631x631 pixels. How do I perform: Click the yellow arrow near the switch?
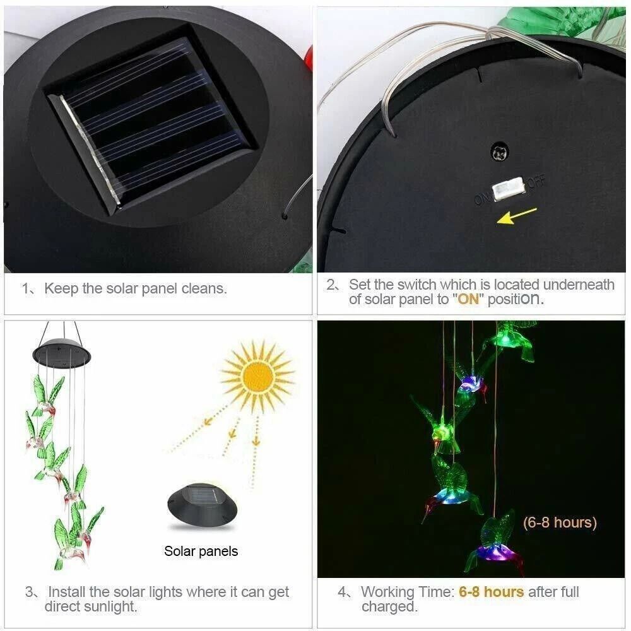[517, 216]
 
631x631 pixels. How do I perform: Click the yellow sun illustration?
[257, 376]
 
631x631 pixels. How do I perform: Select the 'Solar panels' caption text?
[201, 551]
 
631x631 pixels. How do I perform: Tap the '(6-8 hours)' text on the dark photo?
[559, 522]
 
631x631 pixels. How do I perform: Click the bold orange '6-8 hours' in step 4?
[492, 592]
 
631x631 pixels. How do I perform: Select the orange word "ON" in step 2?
[468, 299]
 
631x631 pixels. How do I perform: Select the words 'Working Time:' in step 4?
[407, 592]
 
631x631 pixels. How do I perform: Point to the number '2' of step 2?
[333, 285]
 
